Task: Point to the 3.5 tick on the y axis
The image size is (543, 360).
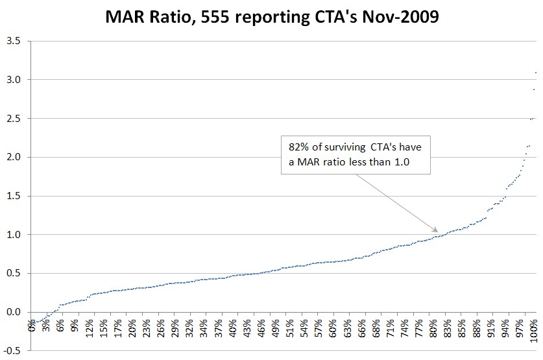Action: click(13, 41)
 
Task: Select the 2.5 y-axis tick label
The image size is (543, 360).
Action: click(13, 119)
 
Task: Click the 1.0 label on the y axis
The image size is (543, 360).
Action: click(13, 235)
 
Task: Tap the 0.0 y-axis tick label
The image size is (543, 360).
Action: click(13, 312)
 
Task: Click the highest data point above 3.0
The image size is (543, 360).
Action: click(536, 73)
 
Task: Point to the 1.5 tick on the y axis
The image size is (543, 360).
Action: click(13, 196)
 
